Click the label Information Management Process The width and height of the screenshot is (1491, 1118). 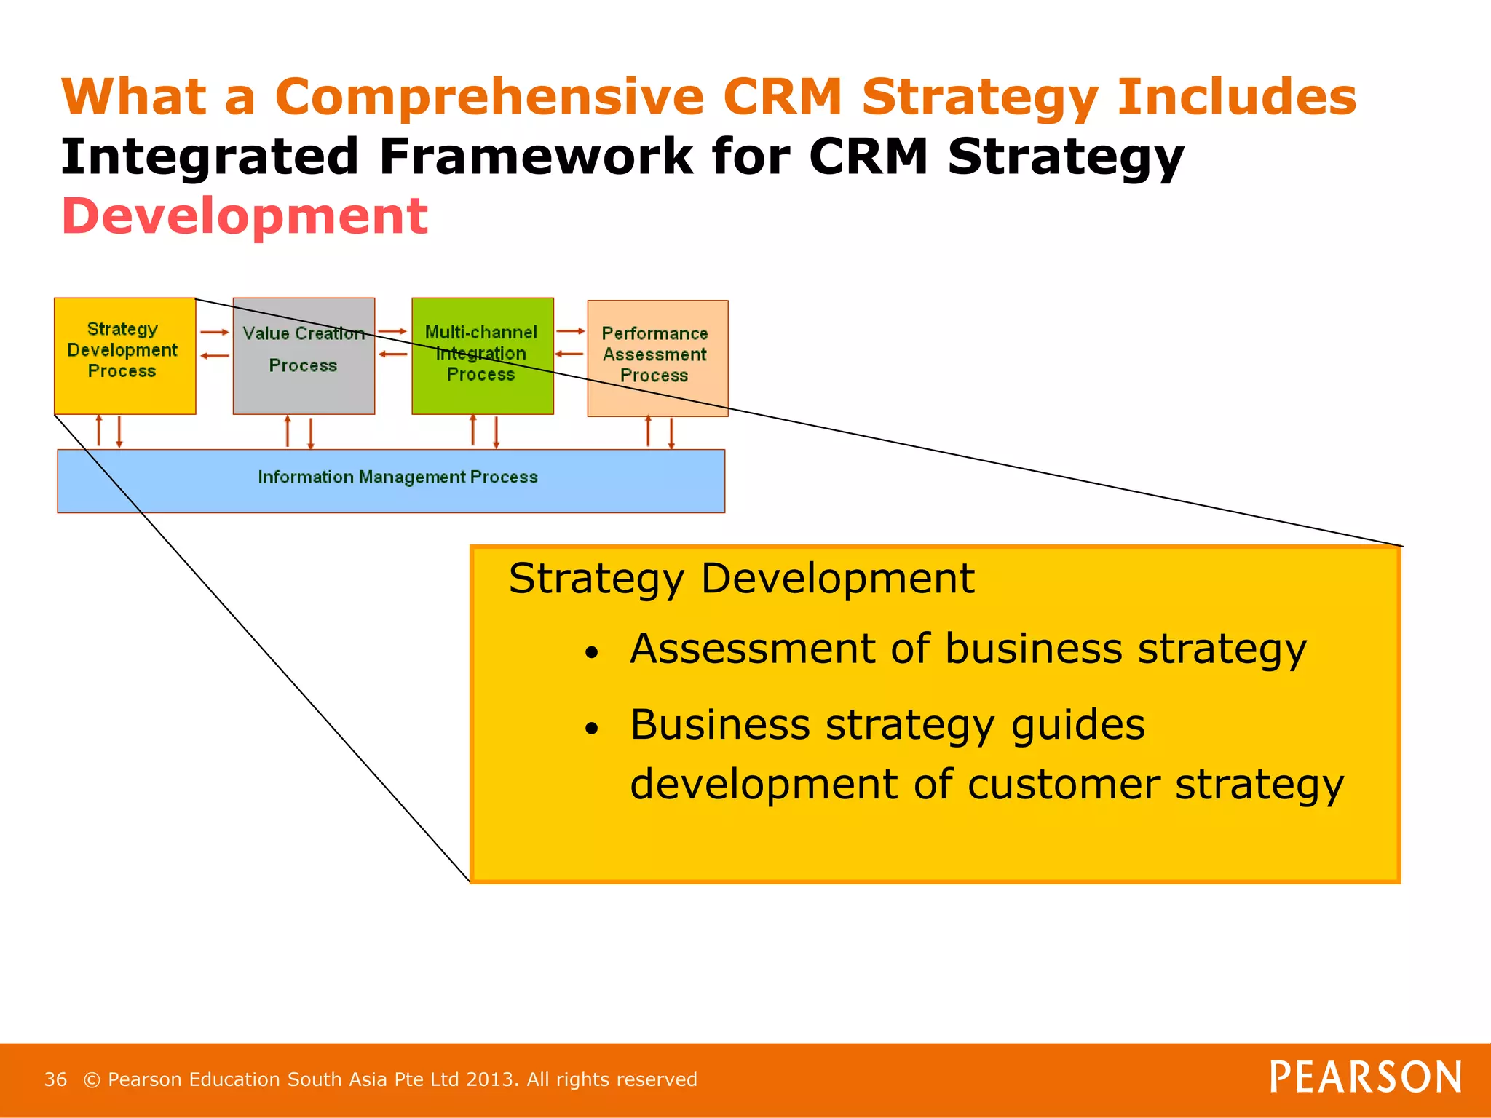point(398,477)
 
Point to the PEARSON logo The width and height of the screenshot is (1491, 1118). point(1365,1077)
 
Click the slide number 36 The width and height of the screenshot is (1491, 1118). point(55,1079)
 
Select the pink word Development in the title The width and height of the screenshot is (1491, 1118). point(245,216)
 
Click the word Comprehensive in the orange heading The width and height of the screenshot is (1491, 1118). point(489,97)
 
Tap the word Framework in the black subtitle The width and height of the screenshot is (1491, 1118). point(537,156)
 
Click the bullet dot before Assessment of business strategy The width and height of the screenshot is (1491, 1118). point(591,653)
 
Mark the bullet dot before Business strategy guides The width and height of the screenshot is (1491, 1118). point(591,729)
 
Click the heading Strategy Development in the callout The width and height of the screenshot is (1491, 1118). point(740,579)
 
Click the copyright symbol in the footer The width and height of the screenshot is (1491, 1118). point(92,1079)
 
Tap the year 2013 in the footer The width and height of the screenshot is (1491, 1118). point(490,1079)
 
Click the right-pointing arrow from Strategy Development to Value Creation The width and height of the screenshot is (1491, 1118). point(215,332)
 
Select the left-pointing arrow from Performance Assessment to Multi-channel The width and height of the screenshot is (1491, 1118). point(569,354)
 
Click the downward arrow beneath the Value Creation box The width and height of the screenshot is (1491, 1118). point(311,432)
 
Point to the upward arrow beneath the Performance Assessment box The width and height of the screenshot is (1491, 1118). point(648,430)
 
